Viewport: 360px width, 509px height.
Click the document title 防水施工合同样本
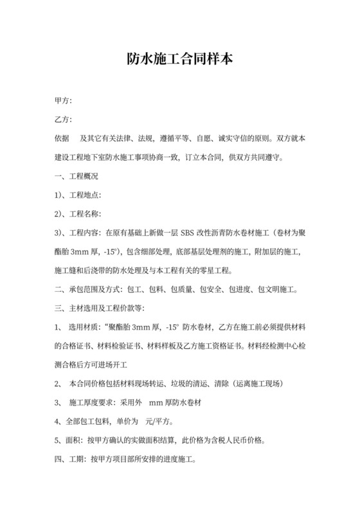pos(179,60)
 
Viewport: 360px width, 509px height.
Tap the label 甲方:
pos(63,101)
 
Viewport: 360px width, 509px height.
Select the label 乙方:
pos(63,120)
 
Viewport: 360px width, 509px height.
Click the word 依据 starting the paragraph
pos(62,138)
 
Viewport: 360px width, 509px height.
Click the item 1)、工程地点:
pos(78,195)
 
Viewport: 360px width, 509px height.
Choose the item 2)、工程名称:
pos(78,213)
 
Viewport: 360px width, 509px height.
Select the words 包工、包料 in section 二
pos(147,289)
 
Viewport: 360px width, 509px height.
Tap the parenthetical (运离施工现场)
pos(258,384)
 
